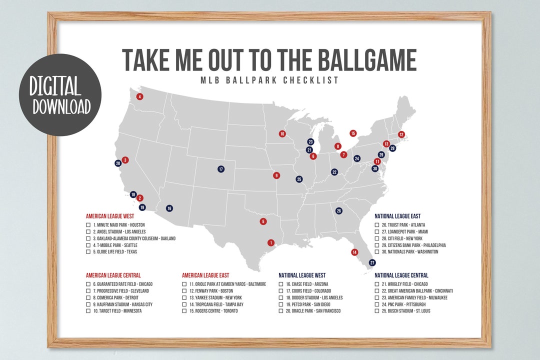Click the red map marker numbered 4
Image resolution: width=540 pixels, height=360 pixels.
tap(139, 96)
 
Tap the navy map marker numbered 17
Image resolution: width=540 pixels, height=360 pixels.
tap(221, 169)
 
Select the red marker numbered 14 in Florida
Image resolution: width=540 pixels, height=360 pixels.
tap(354, 252)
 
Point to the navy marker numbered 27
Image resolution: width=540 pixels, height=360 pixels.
tap(372, 262)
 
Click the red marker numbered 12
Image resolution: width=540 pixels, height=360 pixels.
tap(401, 134)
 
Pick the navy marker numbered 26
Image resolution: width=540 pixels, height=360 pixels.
tap(339, 210)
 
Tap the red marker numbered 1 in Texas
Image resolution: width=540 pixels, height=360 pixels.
tap(271, 242)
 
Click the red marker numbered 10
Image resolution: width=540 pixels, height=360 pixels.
tap(282, 133)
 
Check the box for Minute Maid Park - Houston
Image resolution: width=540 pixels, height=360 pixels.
tap(88, 225)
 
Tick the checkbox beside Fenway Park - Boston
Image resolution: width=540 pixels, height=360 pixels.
tap(184, 290)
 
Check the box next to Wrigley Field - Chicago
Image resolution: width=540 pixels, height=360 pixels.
tap(377, 284)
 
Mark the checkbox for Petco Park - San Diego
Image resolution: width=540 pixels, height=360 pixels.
tap(281, 304)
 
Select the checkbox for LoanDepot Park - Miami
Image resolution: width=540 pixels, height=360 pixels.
tap(377, 232)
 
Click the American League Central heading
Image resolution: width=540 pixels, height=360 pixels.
tap(113, 275)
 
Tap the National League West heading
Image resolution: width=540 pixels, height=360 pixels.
tap(301, 275)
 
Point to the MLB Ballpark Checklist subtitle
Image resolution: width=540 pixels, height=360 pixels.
tap(269, 80)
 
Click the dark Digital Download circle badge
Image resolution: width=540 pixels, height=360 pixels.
tap(60, 94)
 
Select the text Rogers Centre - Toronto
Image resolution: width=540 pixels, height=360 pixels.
tap(214, 311)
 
